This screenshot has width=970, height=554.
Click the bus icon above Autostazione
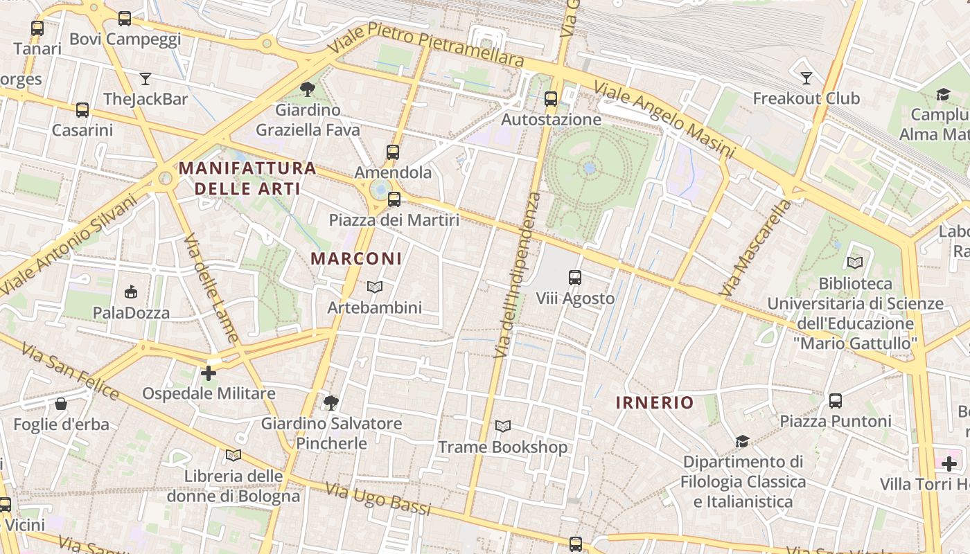tap(551, 99)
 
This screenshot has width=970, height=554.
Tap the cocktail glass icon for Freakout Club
tap(806, 78)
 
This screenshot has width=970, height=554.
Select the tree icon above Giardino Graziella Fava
tap(308, 89)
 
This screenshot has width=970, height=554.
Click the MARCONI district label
tap(356, 259)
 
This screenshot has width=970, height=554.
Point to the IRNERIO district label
tap(655, 403)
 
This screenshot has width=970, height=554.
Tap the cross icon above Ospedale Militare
tap(208, 373)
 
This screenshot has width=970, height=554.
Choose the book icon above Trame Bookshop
tap(503, 427)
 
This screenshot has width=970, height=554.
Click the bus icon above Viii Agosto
tap(575, 278)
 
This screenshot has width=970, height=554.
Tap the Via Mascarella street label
tap(755, 248)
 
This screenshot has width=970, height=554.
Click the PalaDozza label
tap(131, 313)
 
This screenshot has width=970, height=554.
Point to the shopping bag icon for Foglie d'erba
tap(61, 404)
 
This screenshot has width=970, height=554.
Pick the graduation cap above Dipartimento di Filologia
tap(742, 441)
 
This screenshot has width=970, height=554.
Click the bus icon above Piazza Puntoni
tap(836, 400)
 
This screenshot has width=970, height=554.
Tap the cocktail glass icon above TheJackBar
tap(145, 78)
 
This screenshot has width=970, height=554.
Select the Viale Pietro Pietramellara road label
tap(426, 44)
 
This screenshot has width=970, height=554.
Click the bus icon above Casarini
tap(82, 109)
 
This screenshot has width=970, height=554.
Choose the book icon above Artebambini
tap(374, 287)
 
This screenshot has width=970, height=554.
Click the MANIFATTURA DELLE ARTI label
tap(247, 178)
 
